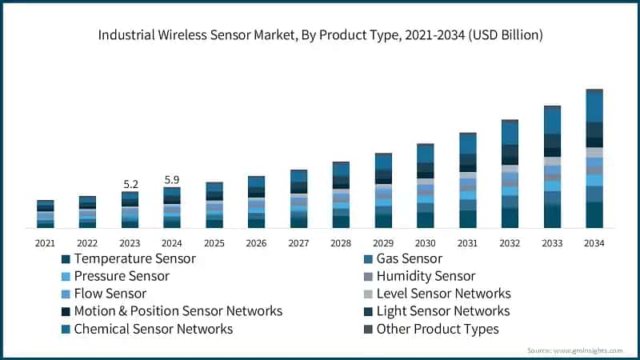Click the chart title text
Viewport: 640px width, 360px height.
point(320,34)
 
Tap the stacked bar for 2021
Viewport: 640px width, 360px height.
point(46,214)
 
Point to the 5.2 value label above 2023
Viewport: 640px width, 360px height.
point(130,184)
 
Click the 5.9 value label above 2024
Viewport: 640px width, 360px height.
point(172,180)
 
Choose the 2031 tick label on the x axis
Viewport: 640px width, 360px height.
point(468,242)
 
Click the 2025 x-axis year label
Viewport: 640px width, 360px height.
point(214,242)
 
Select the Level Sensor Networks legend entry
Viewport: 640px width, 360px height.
point(442,294)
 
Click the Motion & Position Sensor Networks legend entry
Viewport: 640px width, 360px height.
point(177,311)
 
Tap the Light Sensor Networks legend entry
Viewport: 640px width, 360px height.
point(442,311)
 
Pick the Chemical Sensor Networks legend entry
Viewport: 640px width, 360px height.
point(153,329)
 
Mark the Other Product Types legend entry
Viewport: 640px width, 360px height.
point(437,329)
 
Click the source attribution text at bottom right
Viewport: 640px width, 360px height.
point(578,350)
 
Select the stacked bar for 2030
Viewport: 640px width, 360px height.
point(426,186)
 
